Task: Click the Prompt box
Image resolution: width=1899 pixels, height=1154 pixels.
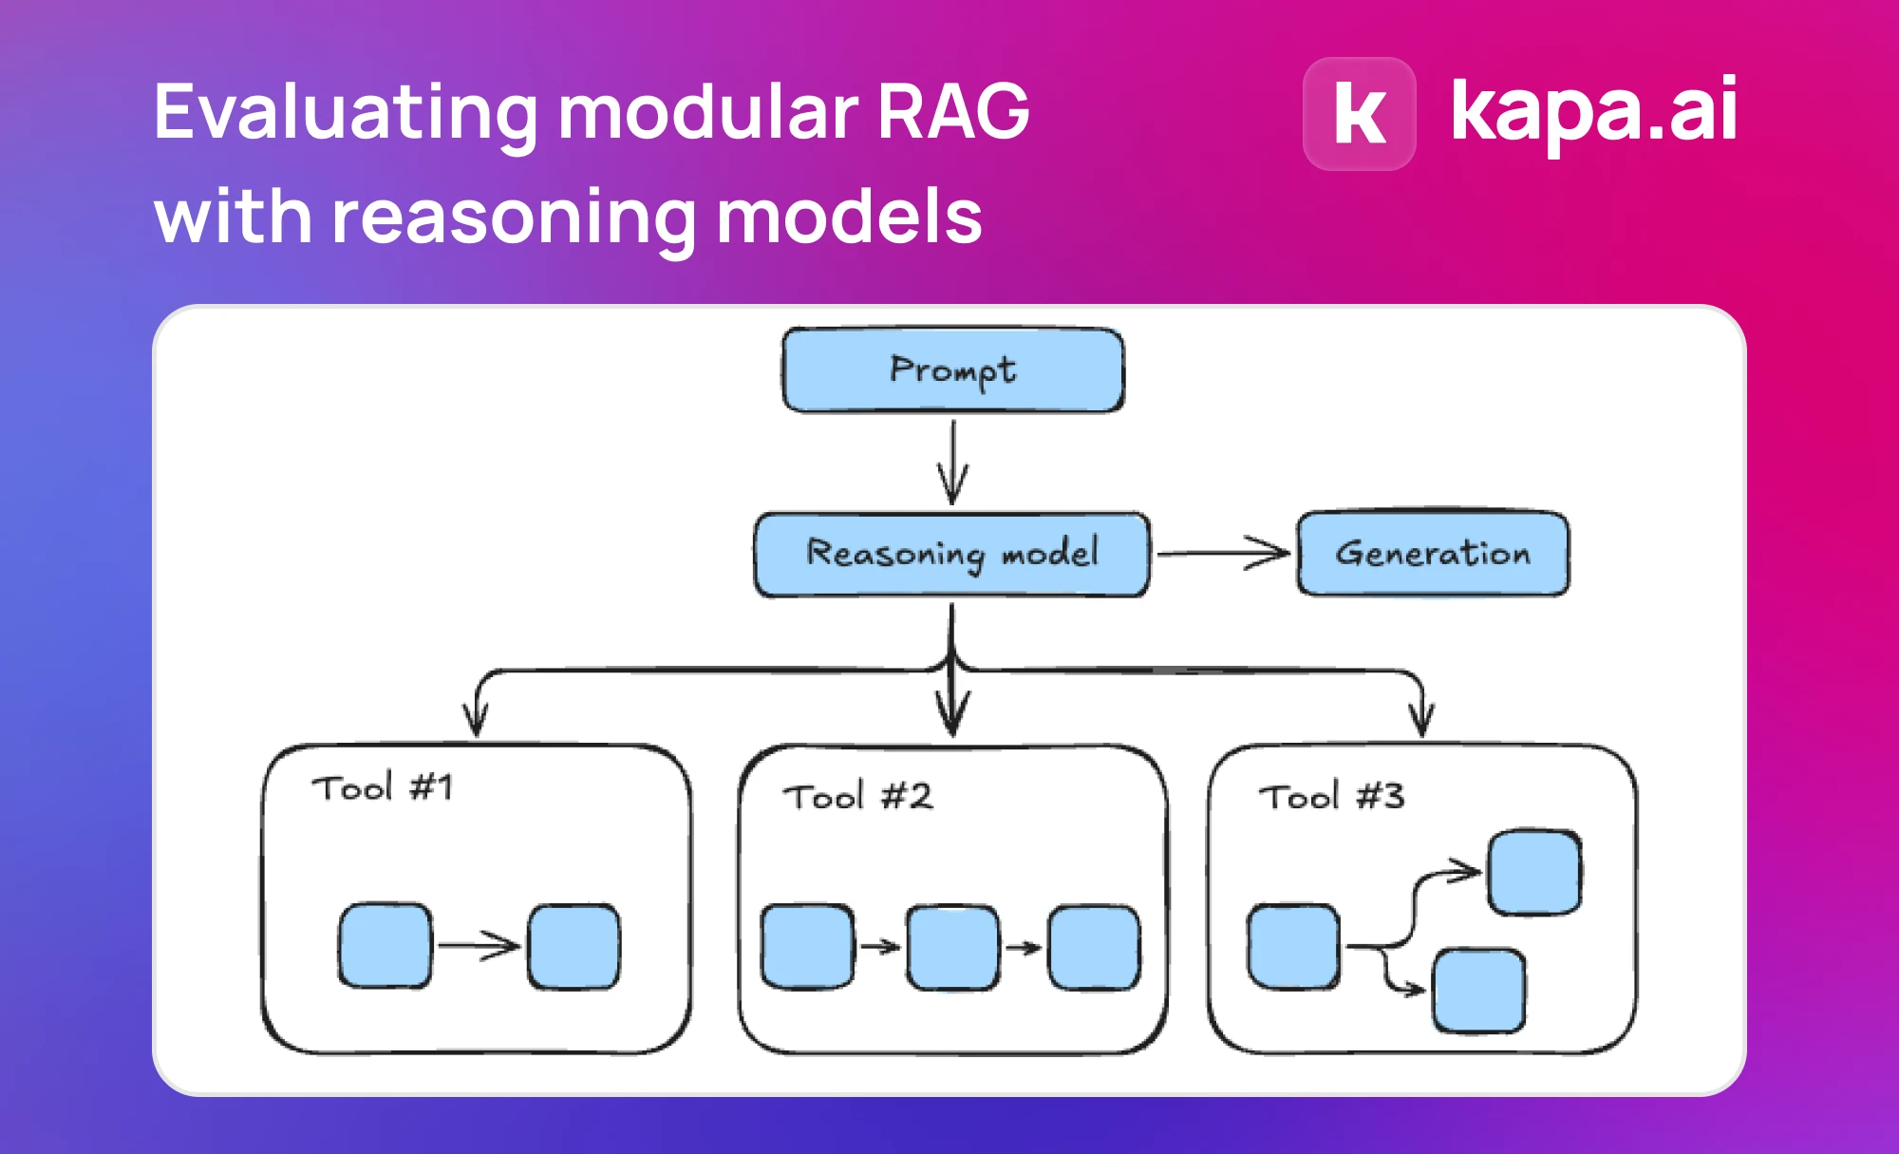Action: point(953,369)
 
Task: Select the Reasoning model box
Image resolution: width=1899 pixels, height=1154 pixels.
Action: point(952,554)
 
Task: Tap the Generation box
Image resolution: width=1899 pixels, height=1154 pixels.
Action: point(1434,553)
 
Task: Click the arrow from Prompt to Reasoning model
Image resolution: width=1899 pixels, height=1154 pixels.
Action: point(953,463)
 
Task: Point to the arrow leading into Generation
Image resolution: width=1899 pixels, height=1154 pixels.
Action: point(1223,553)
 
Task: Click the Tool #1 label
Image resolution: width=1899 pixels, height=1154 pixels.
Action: point(383,787)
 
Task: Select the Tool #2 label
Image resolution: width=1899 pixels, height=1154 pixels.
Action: point(857,796)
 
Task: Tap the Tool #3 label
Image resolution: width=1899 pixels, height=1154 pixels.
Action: point(1331,796)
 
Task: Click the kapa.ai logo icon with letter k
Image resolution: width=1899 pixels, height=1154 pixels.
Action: point(1360,114)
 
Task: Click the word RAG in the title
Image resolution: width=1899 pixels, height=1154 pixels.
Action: point(953,112)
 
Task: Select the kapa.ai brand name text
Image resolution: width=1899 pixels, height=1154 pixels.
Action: point(1594,112)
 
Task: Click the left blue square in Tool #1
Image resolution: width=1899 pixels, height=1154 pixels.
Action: point(385,946)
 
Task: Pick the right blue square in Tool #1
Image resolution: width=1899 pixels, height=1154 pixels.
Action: point(574,947)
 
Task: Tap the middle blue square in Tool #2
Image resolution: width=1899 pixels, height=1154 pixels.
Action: point(952,947)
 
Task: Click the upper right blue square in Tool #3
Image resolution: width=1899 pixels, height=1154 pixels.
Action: point(1534,873)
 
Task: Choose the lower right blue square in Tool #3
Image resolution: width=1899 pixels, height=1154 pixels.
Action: point(1479,991)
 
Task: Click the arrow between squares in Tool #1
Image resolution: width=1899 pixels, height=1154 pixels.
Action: point(479,945)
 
